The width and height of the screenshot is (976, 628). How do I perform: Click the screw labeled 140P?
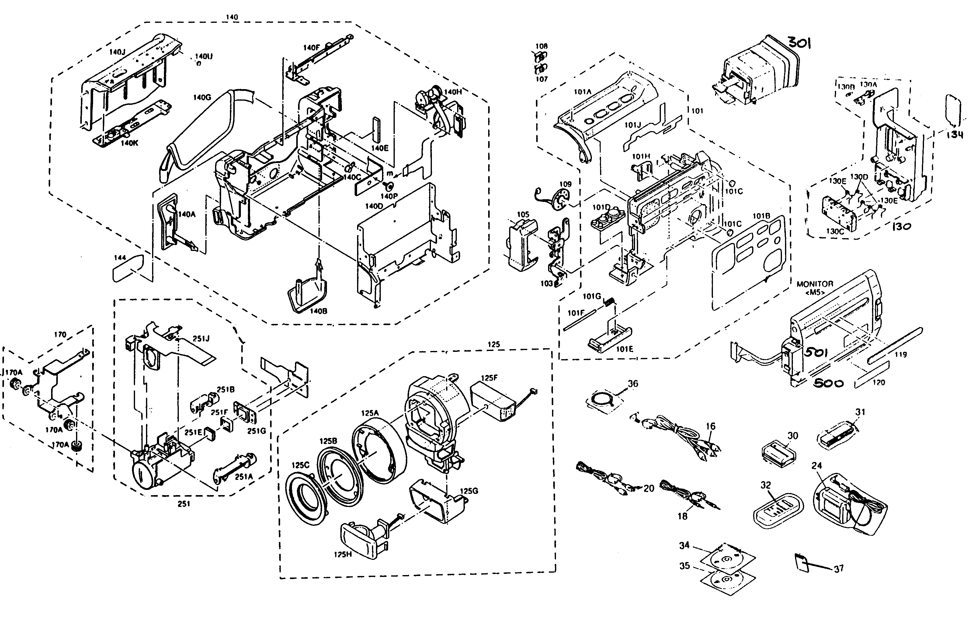coord(389,187)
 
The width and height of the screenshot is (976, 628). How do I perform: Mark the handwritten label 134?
coord(954,134)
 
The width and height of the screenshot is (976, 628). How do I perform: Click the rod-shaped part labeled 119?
coord(895,345)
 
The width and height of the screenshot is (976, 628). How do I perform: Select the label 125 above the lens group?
coord(494,344)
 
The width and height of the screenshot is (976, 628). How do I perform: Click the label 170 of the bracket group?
coord(60,335)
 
